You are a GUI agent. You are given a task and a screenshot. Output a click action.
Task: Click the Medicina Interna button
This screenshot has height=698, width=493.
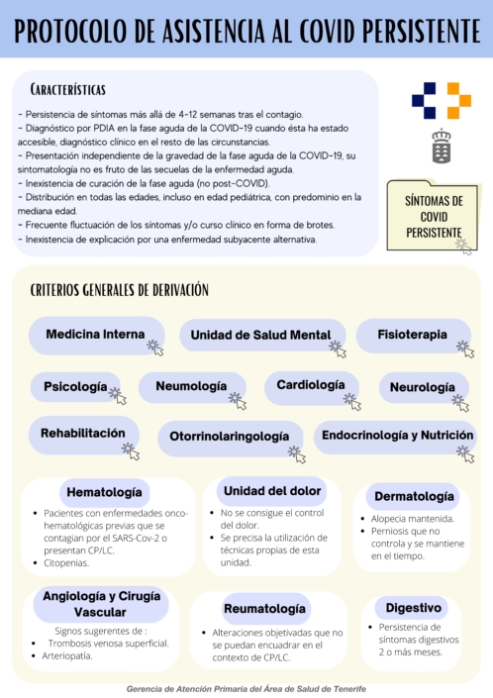pos(95,335)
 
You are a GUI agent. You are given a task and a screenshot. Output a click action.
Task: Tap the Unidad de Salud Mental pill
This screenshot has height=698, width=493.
pos(260,335)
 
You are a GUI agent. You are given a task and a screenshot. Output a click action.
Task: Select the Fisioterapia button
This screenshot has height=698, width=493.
pos(412,335)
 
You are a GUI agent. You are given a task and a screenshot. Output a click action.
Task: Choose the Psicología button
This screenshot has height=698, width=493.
pos(75,386)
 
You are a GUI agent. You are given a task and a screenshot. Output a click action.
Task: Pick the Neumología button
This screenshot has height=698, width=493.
pos(192,387)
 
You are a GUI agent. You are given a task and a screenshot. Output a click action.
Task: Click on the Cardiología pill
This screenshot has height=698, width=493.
pos(311,384)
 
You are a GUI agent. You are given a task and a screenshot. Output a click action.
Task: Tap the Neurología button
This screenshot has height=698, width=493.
pos(422,387)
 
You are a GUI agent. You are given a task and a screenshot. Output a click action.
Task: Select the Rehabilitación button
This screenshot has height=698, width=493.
pos(83,434)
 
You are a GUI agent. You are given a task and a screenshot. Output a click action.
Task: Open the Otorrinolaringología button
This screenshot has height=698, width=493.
pos(229,436)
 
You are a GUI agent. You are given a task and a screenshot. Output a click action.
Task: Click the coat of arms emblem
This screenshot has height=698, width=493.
pos(442,147)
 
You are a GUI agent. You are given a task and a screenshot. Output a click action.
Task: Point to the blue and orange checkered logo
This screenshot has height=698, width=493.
pos(442,101)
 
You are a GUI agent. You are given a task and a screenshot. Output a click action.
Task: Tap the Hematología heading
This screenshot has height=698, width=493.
pos(104,491)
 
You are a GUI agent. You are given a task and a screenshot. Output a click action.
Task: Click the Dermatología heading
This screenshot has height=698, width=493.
pos(415,496)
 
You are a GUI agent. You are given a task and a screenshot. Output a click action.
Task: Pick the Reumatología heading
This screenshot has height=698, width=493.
pos(264,608)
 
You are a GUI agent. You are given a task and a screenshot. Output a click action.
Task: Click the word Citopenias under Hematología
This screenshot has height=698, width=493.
pos(66,562)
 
